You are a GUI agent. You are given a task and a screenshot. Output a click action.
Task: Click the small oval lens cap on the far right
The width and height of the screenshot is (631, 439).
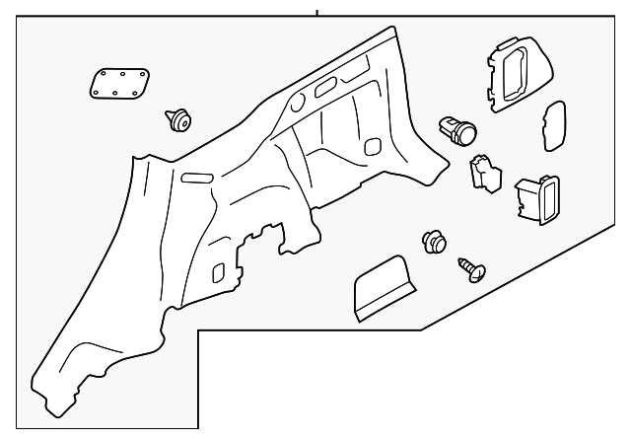553,126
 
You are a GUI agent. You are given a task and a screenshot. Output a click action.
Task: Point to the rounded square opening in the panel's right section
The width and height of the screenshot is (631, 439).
373,146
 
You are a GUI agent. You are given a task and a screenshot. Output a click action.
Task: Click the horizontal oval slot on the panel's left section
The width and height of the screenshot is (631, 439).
196,177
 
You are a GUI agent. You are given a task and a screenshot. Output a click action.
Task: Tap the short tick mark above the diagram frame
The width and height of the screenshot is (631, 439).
317,12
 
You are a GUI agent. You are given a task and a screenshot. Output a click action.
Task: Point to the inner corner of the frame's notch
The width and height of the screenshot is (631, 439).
199,332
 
